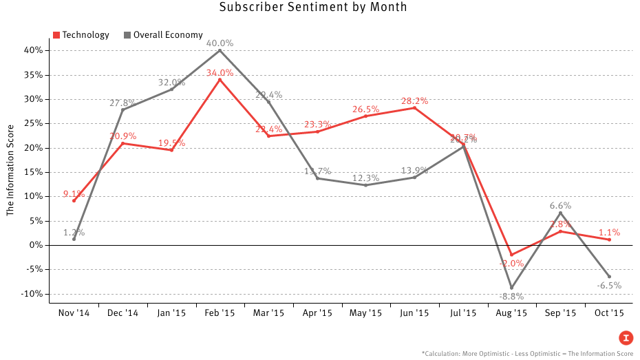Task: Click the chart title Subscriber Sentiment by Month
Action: pyautogui.click(x=313, y=8)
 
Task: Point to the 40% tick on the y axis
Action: pyautogui.click(x=34, y=50)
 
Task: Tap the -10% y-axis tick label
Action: pyautogui.click(x=33, y=294)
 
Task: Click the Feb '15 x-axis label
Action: pyautogui.click(x=220, y=313)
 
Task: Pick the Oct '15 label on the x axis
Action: pyautogui.click(x=609, y=313)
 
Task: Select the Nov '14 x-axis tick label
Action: pyautogui.click(x=74, y=313)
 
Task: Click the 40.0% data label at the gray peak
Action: pyautogui.click(x=220, y=43)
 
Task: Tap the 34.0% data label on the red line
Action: pyautogui.click(x=220, y=73)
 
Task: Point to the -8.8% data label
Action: pyautogui.click(x=511, y=297)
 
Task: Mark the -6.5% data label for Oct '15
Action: pyautogui.click(x=609, y=286)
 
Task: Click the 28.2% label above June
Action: pyautogui.click(x=414, y=100)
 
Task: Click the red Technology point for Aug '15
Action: pyautogui.click(x=511, y=255)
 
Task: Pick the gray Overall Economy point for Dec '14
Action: pyautogui.click(x=122, y=109)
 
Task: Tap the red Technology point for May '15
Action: pyautogui.click(x=365, y=116)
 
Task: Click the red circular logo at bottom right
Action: pyautogui.click(x=626, y=337)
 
